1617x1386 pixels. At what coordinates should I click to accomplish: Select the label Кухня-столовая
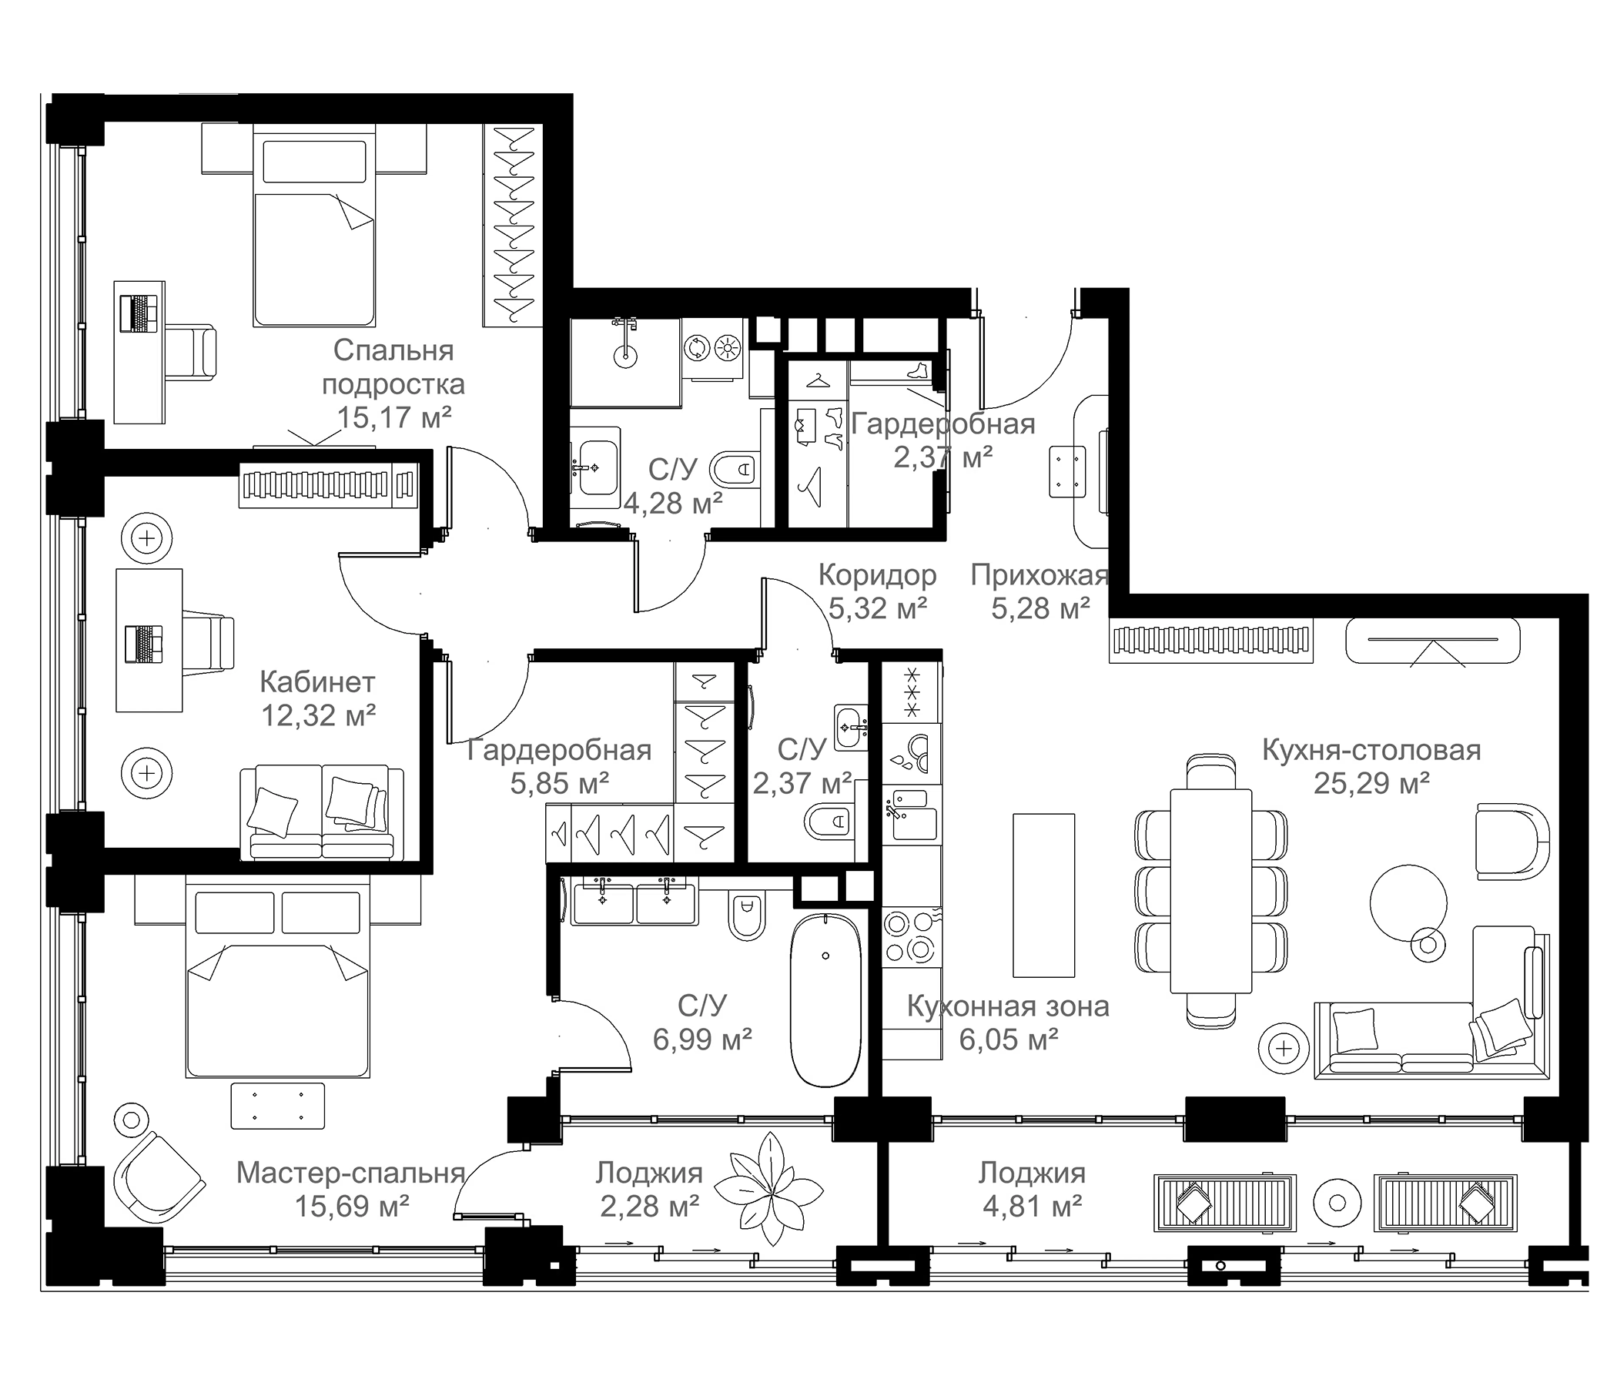1371,750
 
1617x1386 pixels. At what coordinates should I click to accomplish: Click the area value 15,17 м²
394,417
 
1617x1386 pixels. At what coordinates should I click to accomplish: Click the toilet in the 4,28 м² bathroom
735,470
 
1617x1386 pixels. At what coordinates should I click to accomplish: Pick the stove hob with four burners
912,938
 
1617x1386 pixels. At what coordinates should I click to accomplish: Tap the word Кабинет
316,682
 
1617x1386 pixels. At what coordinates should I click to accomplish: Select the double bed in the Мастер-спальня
277,976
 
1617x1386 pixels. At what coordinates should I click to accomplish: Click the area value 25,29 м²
1371,783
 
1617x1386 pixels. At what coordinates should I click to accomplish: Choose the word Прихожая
1039,575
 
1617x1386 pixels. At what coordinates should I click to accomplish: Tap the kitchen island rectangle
1043,894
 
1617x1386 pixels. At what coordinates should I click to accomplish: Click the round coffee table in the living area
1408,902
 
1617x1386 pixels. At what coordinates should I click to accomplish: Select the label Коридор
877,575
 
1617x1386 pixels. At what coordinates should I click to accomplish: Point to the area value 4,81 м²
1032,1207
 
